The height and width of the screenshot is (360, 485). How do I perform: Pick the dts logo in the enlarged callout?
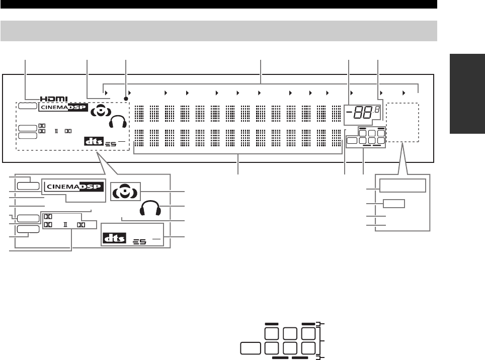coord(113,238)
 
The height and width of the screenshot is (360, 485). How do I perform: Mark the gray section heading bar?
coord(218,31)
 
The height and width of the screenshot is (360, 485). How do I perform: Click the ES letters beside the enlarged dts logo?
coord(139,241)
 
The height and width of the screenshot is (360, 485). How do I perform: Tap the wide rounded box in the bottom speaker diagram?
coord(250,348)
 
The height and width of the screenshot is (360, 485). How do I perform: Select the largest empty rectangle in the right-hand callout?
coord(402,186)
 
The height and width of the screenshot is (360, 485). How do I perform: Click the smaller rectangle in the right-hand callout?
coord(393,204)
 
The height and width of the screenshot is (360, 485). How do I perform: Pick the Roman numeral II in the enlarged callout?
coord(65,225)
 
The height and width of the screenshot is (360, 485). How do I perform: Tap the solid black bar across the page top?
coord(218,5)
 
